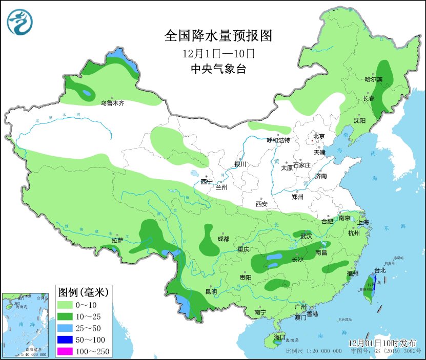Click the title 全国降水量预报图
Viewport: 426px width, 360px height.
(x=217, y=36)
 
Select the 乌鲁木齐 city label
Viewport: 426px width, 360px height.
(x=112, y=103)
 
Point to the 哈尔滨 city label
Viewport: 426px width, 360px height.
(x=373, y=79)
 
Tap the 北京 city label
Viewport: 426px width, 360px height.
(x=319, y=136)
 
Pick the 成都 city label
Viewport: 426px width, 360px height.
(x=223, y=239)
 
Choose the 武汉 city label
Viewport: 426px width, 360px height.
(x=306, y=236)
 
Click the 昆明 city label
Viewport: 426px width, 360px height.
(x=211, y=292)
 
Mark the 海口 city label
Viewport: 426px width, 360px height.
(x=279, y=337)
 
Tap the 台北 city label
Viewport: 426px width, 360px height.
(x=380, y=270)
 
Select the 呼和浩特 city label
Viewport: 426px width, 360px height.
(x=278, y=140)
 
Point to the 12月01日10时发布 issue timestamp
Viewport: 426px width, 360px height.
(x=382, y=343)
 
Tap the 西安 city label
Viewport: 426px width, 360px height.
(x=261, y=204)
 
